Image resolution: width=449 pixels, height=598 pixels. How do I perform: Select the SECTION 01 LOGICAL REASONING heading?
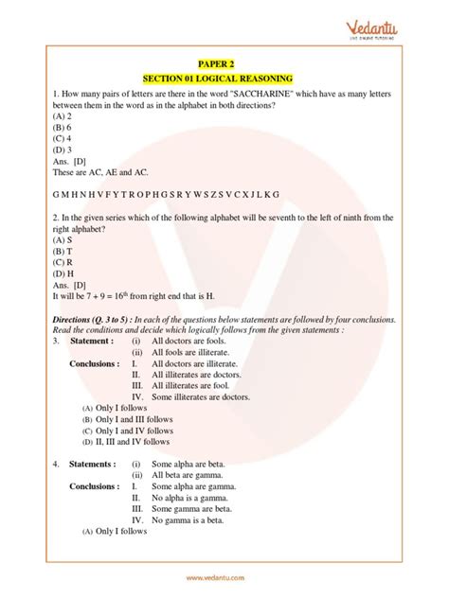click(x=224, y=77)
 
